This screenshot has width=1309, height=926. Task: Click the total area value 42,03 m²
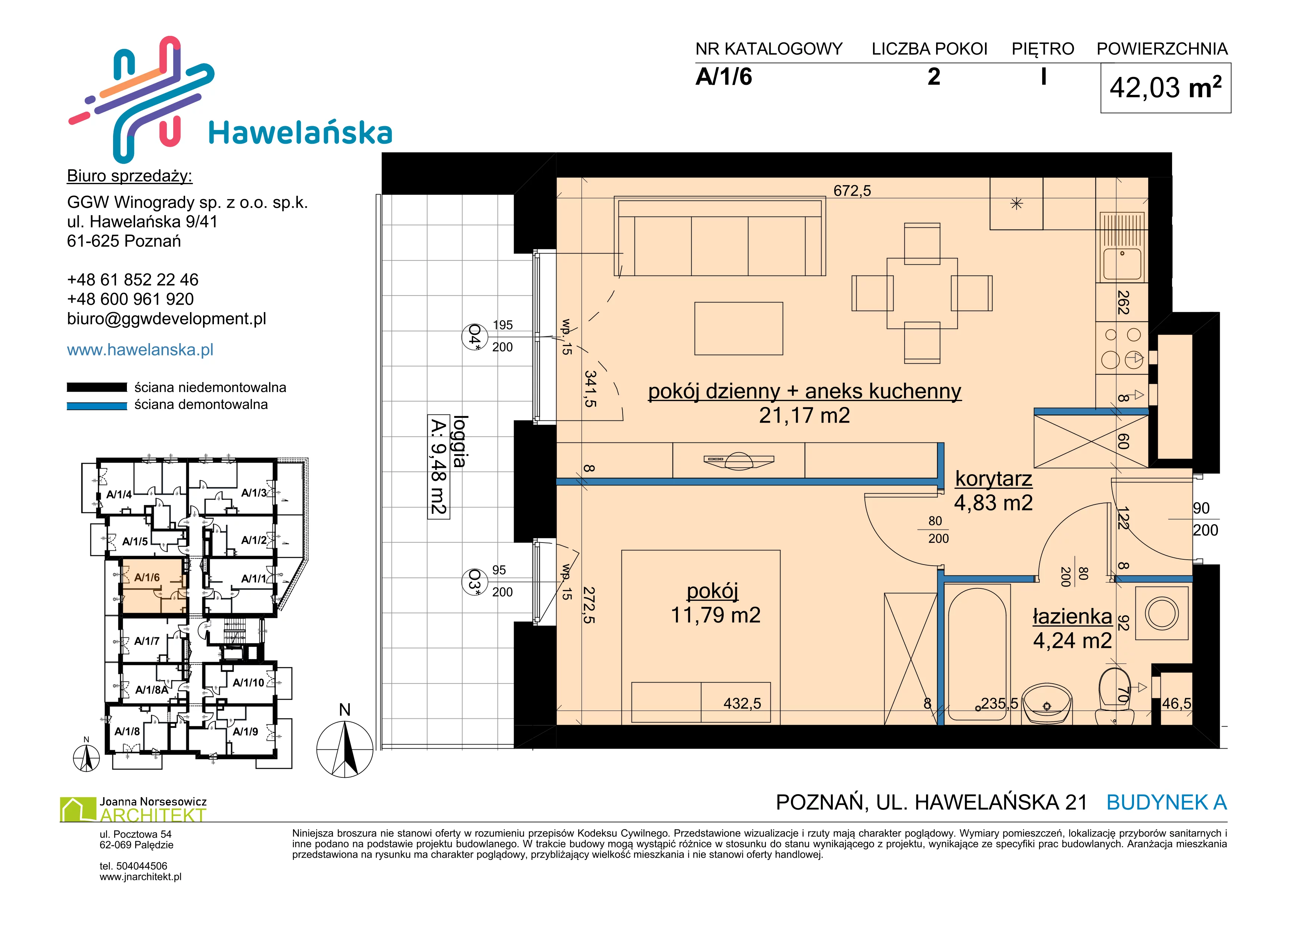1165,88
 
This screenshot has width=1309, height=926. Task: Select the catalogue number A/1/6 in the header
723,77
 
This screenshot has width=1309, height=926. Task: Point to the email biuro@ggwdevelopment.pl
166,319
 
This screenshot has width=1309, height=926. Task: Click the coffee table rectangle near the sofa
738,329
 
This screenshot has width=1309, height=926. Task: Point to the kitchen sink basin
1122,264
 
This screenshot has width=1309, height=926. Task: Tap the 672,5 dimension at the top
853,190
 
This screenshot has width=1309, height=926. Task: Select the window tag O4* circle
474,336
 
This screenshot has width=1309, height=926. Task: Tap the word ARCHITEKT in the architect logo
153,815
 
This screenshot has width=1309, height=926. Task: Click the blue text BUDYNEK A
1166,803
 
